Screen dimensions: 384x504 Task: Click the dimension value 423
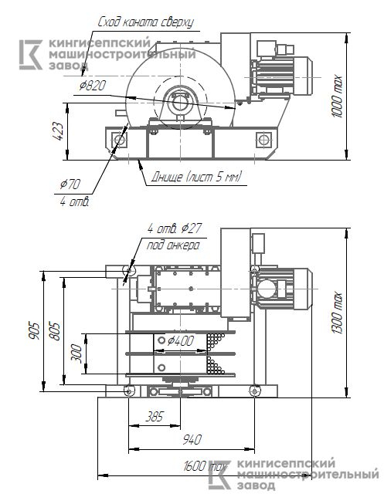click(x=59, y=131)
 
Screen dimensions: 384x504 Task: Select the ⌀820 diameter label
click(x=93, y=86)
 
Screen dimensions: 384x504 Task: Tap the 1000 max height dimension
click(x=337, y=96)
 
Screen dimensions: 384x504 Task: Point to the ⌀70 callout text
click(x=70, y=184)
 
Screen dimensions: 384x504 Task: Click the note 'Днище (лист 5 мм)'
click(x=197, y=177)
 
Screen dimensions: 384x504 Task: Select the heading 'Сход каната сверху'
click(x=145, y=22)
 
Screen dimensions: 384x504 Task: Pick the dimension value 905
click(x=35, y=330)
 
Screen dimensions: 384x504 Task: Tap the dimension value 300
click(x=76, y=353)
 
